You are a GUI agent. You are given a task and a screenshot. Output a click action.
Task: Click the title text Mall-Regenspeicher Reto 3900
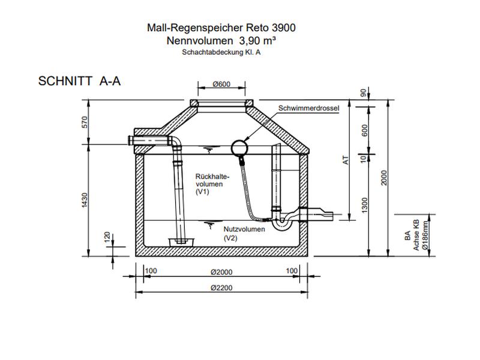pyautogui.click(x=221, y=28)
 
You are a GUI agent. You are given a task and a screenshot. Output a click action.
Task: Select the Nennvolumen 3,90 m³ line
pyautogui.click(x=221, y=40)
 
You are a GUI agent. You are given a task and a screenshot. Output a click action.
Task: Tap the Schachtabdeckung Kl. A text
pyautogui.click(x=221, y=52)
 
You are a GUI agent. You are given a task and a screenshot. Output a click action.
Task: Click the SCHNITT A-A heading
pyautogui.click(x=79, y=81)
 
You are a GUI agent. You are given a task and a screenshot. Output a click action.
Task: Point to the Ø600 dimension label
pyautogui.click(x=221, y=84)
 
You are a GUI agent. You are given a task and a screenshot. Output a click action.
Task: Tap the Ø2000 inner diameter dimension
pyautogui.click(x=221, y=271)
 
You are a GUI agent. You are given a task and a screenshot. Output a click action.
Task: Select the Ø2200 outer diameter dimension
pyautogui.click(x=221, y=287)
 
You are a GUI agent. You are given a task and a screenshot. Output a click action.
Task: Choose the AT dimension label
pyautogui.click(x=344, y=161)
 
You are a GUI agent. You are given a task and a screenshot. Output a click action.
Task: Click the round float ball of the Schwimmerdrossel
pyautogui.click(x=240, y=146)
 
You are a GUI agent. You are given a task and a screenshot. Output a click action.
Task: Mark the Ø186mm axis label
pyautogui.click(x=424, y=236)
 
